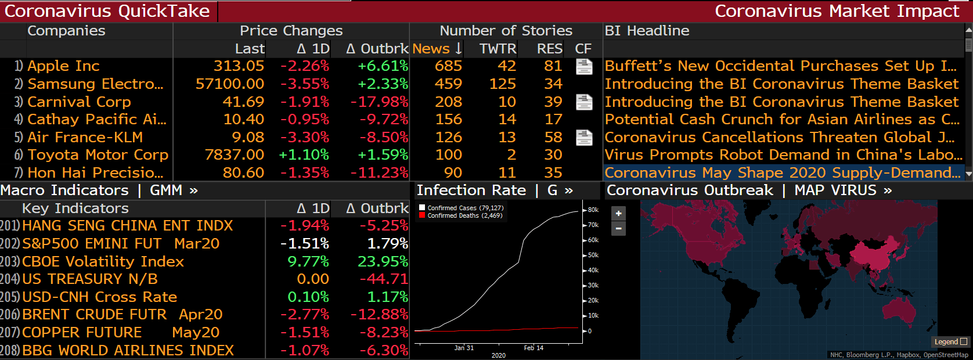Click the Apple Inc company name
point(63,66)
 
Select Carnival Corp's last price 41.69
point(243,102)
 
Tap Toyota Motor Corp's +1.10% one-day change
point(304,155)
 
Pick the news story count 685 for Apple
point(448,66)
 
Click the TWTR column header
point(498,49)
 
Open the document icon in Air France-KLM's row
point(584,138)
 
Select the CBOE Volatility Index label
point(103,261)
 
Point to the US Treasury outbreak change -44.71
point(384,279)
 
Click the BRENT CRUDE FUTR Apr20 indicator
point(122,315)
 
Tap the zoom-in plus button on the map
point(618,214)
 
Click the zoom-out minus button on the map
point(618,229)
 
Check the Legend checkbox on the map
point(964,342)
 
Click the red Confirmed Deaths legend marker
point(422,215)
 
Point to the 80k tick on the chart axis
point(593,210)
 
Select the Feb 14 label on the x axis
point(534,348)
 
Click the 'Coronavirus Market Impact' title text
point(837,11)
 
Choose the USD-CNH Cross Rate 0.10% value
point(308,297)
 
